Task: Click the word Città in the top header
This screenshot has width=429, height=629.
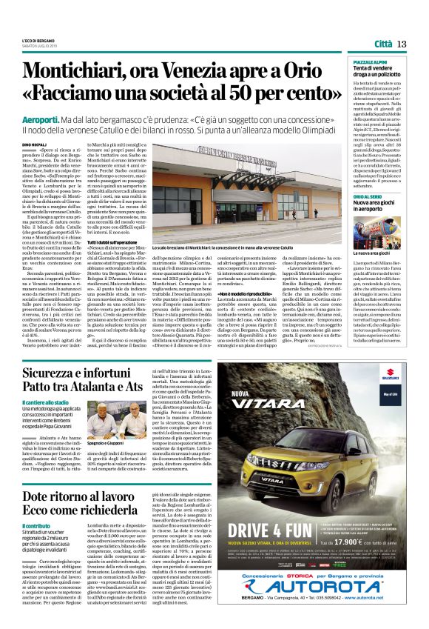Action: tap(383, 44)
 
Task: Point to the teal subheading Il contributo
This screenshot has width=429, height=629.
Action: tap(36, 526)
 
